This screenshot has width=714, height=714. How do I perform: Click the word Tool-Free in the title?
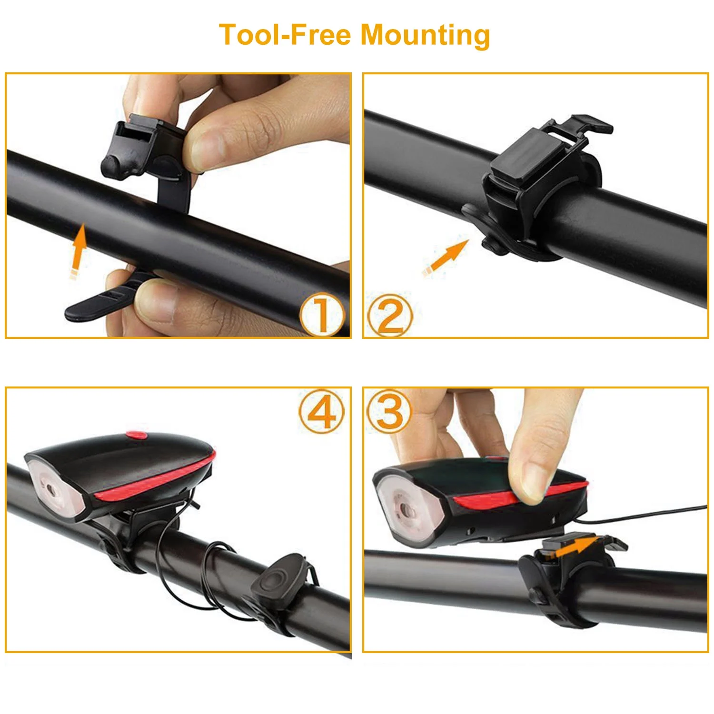(285, 35)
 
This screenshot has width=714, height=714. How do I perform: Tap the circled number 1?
(322, 315)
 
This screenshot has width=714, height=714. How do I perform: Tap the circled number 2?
(389, 315)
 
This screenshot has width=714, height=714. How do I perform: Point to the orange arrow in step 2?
(446, 258)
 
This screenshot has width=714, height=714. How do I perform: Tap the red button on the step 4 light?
(137, 435)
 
